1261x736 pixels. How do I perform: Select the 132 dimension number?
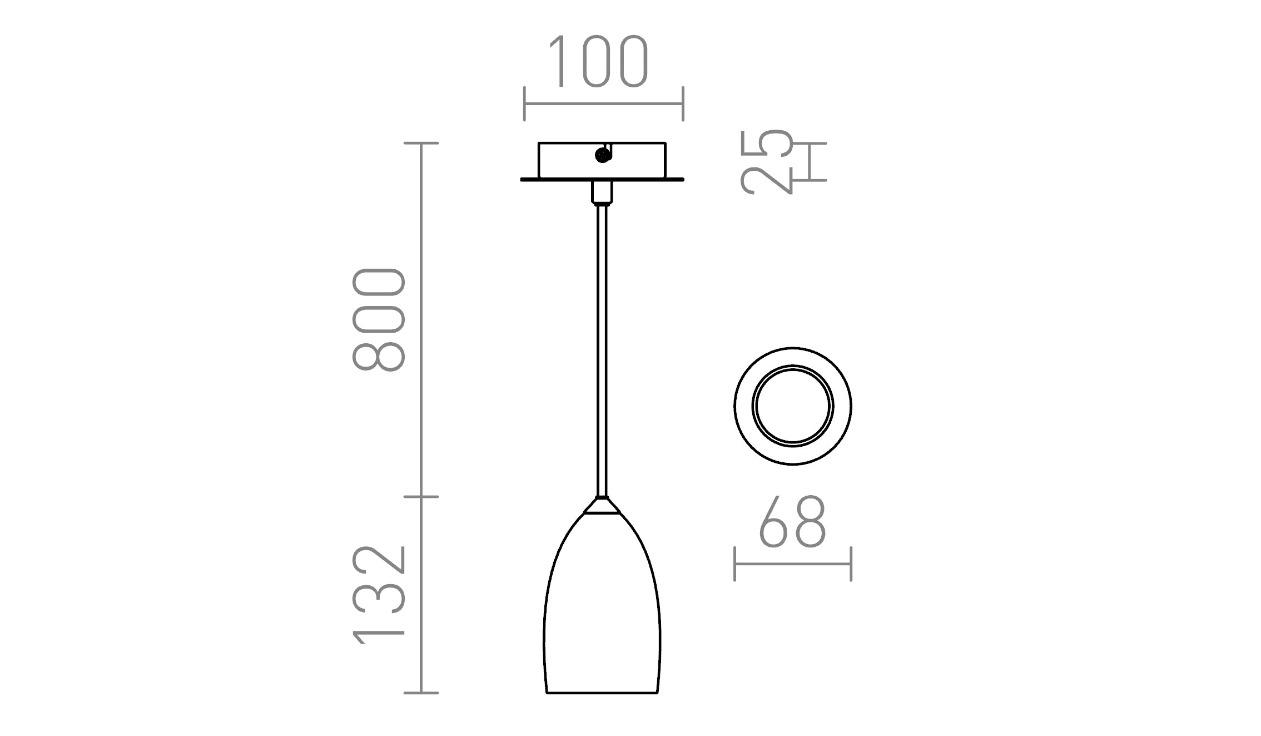[378, 595]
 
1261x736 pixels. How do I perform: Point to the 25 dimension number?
[767, 162]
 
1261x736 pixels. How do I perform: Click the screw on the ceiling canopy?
[601, 156]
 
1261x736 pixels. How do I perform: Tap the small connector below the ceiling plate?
[602, 192]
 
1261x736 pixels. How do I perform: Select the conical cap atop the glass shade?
[602, 506]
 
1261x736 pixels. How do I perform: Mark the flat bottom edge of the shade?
[602, 693]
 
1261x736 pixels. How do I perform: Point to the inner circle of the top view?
[792, 406]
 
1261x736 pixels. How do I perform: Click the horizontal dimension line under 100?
[603, 103]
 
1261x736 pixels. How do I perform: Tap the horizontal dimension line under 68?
[792, 564]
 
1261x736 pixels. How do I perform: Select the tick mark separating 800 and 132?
[421, 496]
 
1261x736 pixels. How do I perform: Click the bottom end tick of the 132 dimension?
[421, 693]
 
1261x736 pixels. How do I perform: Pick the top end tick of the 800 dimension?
[421, 143]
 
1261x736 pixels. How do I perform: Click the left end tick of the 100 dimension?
[524, 103]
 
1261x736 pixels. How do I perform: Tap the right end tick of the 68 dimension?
[851, 564]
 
